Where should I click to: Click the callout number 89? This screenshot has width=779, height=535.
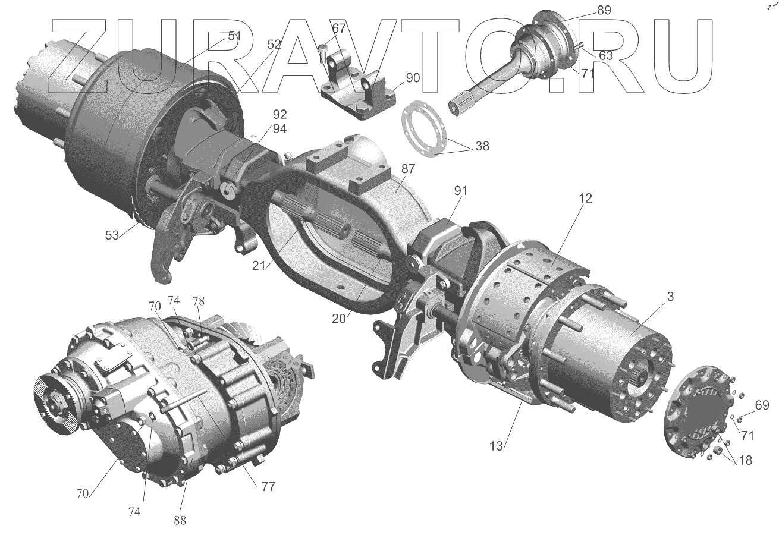(x=604, y=11)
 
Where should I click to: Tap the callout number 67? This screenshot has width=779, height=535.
(x=339, y=28)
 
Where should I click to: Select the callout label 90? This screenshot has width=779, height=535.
(x=413, y=78)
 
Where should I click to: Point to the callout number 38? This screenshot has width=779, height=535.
(x=482, y=146)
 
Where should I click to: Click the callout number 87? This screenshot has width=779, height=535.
(x=408, y=169)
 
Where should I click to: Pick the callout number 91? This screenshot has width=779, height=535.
(x=460, y=190)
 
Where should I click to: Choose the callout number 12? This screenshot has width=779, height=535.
(x=585, y=198)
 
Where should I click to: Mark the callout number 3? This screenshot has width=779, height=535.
(x=670, y=297)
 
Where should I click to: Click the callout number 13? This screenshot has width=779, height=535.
(x=496, y=446)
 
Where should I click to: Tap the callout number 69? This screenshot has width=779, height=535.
(x=762, y=405)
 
